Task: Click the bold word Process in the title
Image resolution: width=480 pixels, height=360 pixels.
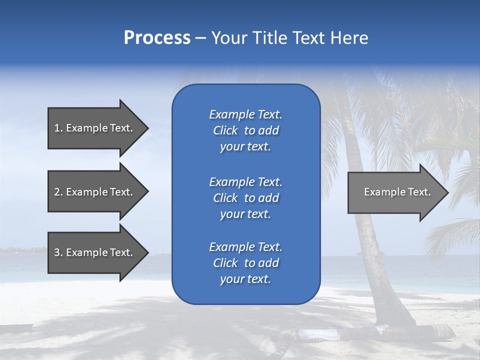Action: point(157,38)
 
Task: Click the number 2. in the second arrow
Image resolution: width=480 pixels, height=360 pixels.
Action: point(58,192)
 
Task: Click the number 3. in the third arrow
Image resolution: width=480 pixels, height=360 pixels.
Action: point(58,252)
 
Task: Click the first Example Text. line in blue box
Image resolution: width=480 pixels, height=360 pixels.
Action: point(245,114)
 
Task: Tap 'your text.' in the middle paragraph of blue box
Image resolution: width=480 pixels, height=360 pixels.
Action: point(245,214)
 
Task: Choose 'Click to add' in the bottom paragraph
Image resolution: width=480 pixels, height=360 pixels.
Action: point(245,263)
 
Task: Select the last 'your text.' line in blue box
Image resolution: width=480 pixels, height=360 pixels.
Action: point(245,279)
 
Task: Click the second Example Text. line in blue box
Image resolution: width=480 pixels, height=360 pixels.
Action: point(245,181)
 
